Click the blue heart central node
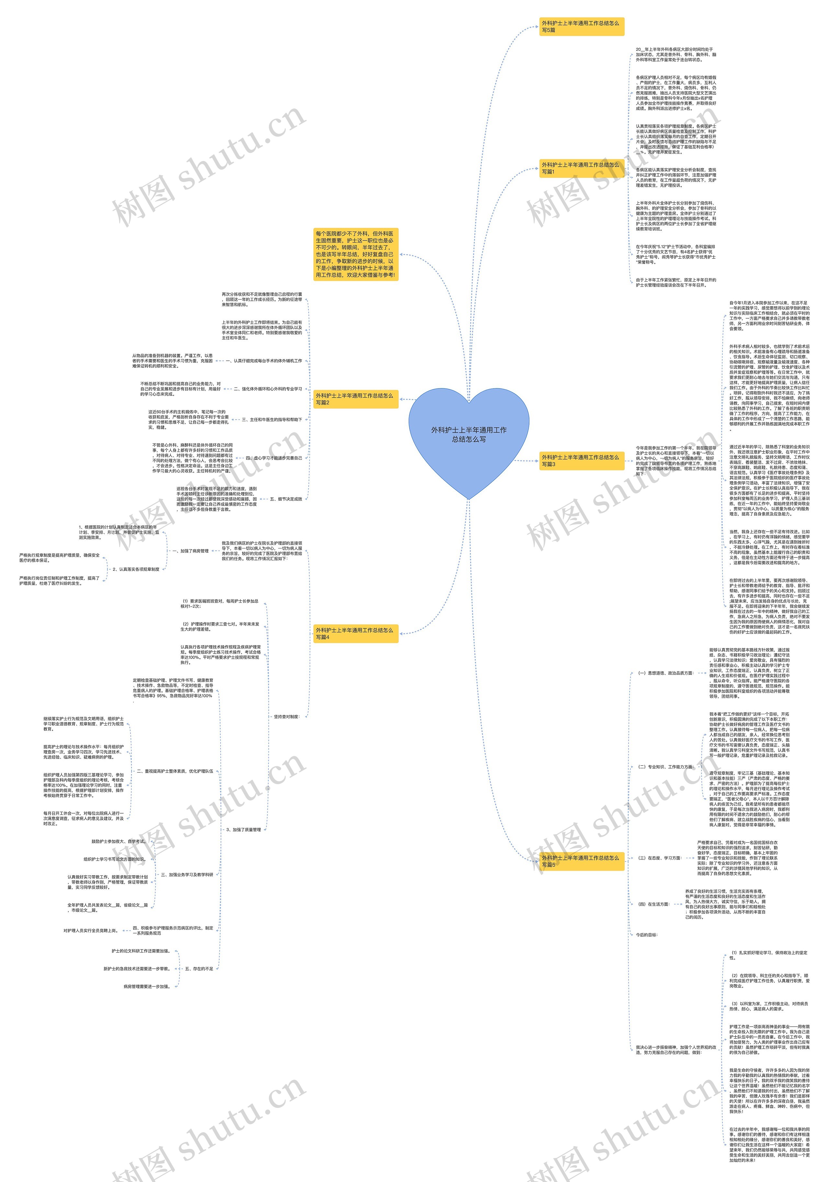(469, 435)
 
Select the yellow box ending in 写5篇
(581, 26)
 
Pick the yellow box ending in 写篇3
(581, 460)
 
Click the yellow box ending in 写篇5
(581, 861)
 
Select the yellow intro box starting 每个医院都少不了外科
(355, 254)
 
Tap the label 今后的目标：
(647, 934)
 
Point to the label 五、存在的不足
(199, 968)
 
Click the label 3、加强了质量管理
(244, 829)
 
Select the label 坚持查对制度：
(286, 716)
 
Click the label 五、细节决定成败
(286, 499)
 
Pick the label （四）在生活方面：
(653, 904)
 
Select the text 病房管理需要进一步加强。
(147, 986)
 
